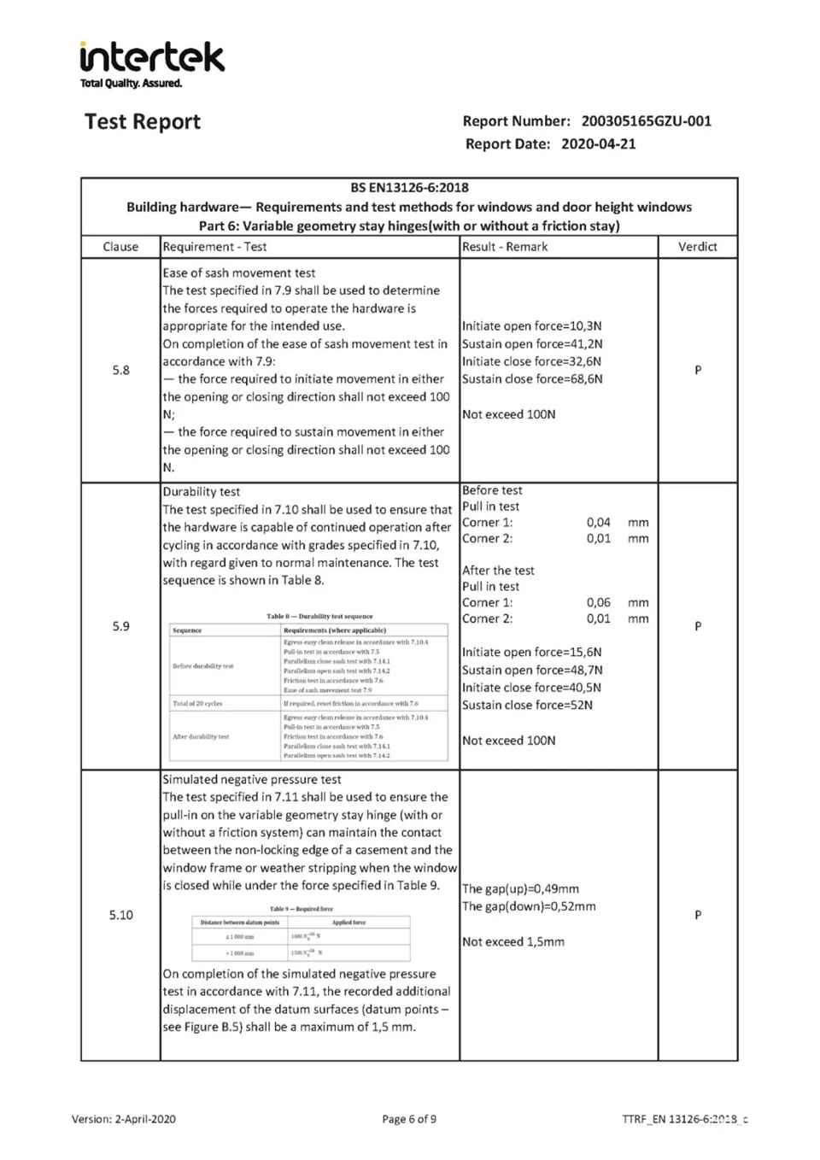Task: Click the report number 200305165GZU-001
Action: click(646, 121)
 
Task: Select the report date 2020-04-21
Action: click(598, 144)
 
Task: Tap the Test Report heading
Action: click(143, 122)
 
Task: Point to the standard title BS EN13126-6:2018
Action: click(409, 188)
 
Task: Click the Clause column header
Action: click(120, 247)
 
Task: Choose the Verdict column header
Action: click(697, 247)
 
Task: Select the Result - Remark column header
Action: click(505, 247)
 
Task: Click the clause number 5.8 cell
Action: click(120, 370)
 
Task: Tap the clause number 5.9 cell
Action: click(120, 626)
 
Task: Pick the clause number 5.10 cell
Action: click(120, 915)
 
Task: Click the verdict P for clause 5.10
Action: click(697, 915)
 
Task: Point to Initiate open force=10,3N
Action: click(531, 325)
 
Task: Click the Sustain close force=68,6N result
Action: click(532, 379)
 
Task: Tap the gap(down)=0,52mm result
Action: click(529, 906)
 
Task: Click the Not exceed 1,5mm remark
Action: click(513, 941)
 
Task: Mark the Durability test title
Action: click(202, 492)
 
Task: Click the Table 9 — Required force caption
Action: click(301, 909)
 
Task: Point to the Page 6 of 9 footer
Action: click(409, 1119)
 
